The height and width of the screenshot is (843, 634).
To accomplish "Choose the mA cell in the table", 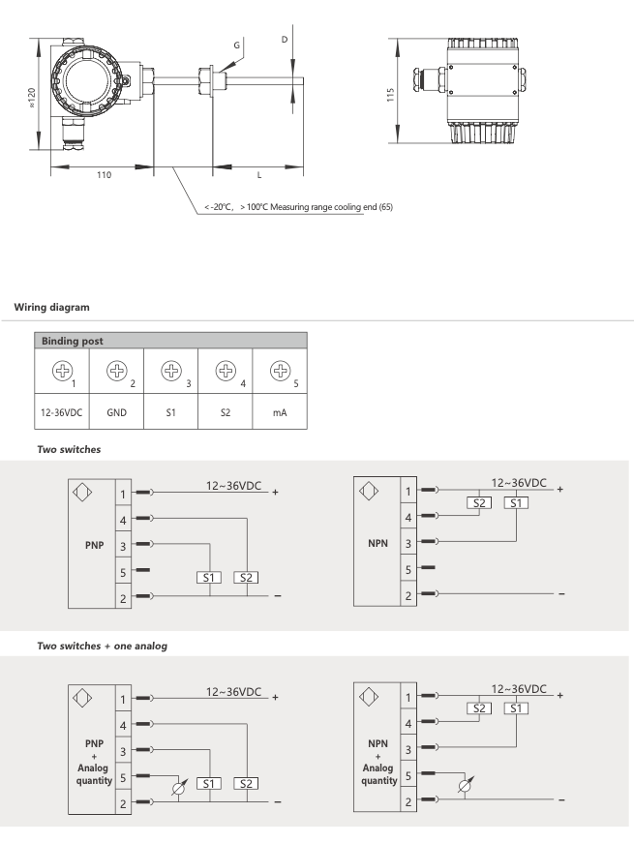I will pyautogui.click(x=279, y=411).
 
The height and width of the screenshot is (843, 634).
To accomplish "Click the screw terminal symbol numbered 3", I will pyautogui.click(x=160, y=369).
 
